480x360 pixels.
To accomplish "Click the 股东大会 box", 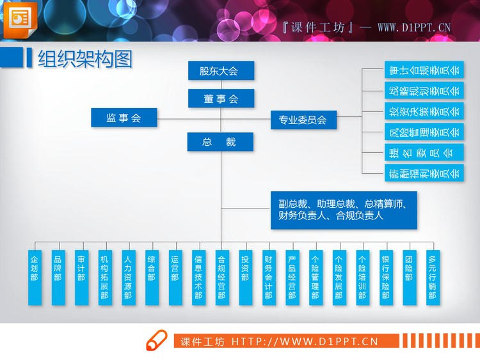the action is point(221,70).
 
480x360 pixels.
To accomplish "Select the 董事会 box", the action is point(221,98).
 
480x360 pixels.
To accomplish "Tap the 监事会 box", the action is point(124,117).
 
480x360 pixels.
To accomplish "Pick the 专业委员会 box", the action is point(303,119).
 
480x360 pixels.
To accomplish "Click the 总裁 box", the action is point(221,142).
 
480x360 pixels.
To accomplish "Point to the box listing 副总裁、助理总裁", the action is point(343,210).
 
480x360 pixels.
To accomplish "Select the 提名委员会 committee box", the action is point(424,152).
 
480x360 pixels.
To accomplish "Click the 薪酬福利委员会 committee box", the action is point(424,173).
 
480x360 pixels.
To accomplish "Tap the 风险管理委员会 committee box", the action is point(424,132).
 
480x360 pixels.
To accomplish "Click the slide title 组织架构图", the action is point(85,59).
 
